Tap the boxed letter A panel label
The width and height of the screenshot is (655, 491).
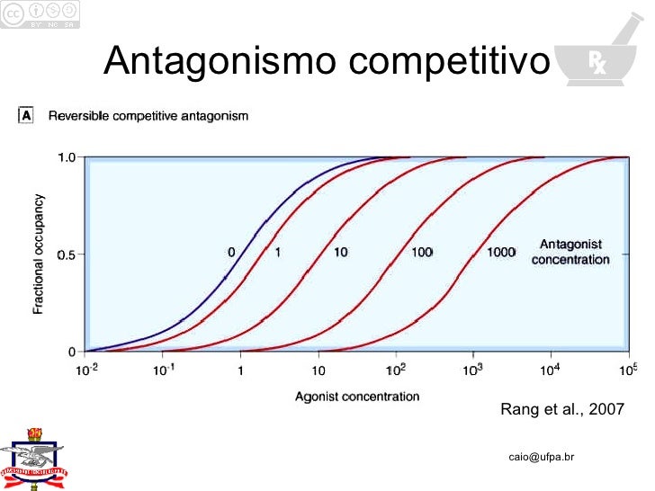[26, 115]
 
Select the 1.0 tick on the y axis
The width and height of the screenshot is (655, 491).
[67, 157]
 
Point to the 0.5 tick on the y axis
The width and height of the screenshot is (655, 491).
[67, 254]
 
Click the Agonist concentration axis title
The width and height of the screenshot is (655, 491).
[356, 396]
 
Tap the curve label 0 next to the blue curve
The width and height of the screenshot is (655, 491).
[231, 253]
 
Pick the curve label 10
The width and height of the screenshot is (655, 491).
[340, 253]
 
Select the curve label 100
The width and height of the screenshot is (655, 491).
[422, 253]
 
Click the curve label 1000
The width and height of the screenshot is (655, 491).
[500, 253]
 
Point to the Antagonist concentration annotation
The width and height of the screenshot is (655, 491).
[570, 252]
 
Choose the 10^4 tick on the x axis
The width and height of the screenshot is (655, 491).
[550, 369]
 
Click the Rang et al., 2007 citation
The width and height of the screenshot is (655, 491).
[561, 410]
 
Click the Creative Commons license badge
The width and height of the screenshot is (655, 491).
[40, 13]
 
